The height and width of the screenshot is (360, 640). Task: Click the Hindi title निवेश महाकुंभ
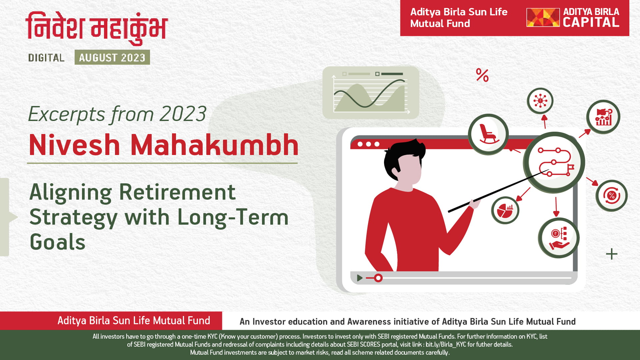[97, 28]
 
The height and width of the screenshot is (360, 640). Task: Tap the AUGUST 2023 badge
[112, 57]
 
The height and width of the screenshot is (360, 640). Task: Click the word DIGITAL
[46, 58]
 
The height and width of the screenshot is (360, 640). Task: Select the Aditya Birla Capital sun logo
[543, 17]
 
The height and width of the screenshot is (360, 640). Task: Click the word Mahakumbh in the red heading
[214, 145]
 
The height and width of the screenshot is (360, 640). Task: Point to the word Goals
[57, 242]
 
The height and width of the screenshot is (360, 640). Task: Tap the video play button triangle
[359, 278]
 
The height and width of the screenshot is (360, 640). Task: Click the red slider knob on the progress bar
[378, 278]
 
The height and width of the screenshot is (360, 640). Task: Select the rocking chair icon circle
[488, 134]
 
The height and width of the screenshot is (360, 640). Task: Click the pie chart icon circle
[505, 210]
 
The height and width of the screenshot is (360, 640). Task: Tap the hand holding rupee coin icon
[559, 238]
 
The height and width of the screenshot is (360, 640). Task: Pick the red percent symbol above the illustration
[482, 75]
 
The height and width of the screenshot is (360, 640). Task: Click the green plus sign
[612, 254]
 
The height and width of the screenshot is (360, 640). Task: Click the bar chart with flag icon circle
[603, 117]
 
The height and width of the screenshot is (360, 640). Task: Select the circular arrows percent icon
[611, 196]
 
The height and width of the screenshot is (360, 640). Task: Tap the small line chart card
[371, 92]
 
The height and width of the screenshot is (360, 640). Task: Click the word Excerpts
[67, 114]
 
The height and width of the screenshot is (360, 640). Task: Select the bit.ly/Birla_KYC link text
[446, 344]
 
